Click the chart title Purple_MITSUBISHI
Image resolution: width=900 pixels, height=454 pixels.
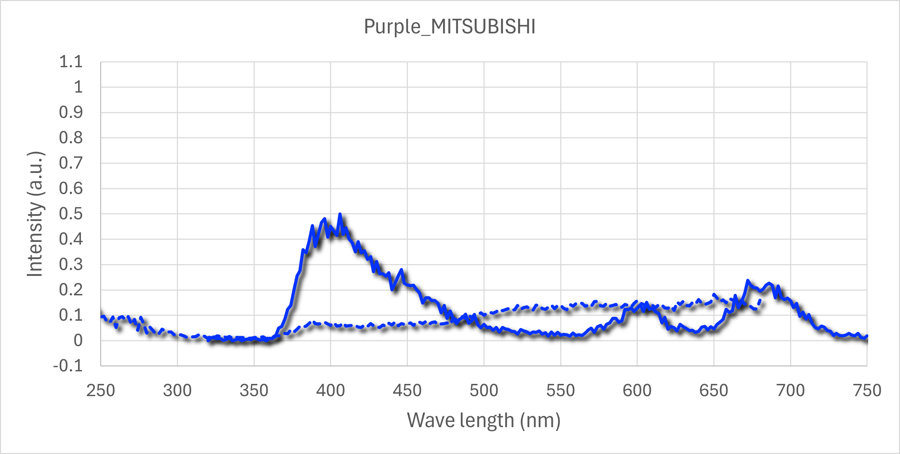click(450, 27)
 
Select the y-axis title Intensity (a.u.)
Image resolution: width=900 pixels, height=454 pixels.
click(35, 214)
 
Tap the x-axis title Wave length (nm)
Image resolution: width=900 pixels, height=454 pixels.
click(483, 420)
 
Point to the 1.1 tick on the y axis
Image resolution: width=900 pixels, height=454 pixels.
click(71, 62)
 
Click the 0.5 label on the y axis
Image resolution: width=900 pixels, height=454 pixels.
click(71, 214)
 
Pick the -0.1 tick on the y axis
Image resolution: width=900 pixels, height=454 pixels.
click(68, 366)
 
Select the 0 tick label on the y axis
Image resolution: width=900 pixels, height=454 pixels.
click(78, 340)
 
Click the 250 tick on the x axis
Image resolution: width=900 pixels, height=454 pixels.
click(100, 391)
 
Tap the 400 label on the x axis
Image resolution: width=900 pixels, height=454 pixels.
click(330, 391)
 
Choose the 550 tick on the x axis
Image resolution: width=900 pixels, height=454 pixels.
click(560, 391)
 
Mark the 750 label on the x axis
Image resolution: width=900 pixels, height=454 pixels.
click(867, 391)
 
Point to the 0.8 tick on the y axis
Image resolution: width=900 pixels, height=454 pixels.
click(71, 138)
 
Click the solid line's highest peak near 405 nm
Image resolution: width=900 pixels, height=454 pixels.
click(340, 214)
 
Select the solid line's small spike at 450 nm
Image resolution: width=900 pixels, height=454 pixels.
click(402, 270)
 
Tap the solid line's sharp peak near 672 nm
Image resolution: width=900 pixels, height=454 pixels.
click(748, 280)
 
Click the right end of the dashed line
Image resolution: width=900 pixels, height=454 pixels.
click(759, 300)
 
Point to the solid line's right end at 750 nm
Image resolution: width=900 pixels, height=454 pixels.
click(867, 336)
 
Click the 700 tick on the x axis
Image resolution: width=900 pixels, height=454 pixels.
click(791, 391)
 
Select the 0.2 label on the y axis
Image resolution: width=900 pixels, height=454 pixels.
click(71, 290)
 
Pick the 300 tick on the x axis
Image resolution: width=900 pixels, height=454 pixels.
click(177, 391)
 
